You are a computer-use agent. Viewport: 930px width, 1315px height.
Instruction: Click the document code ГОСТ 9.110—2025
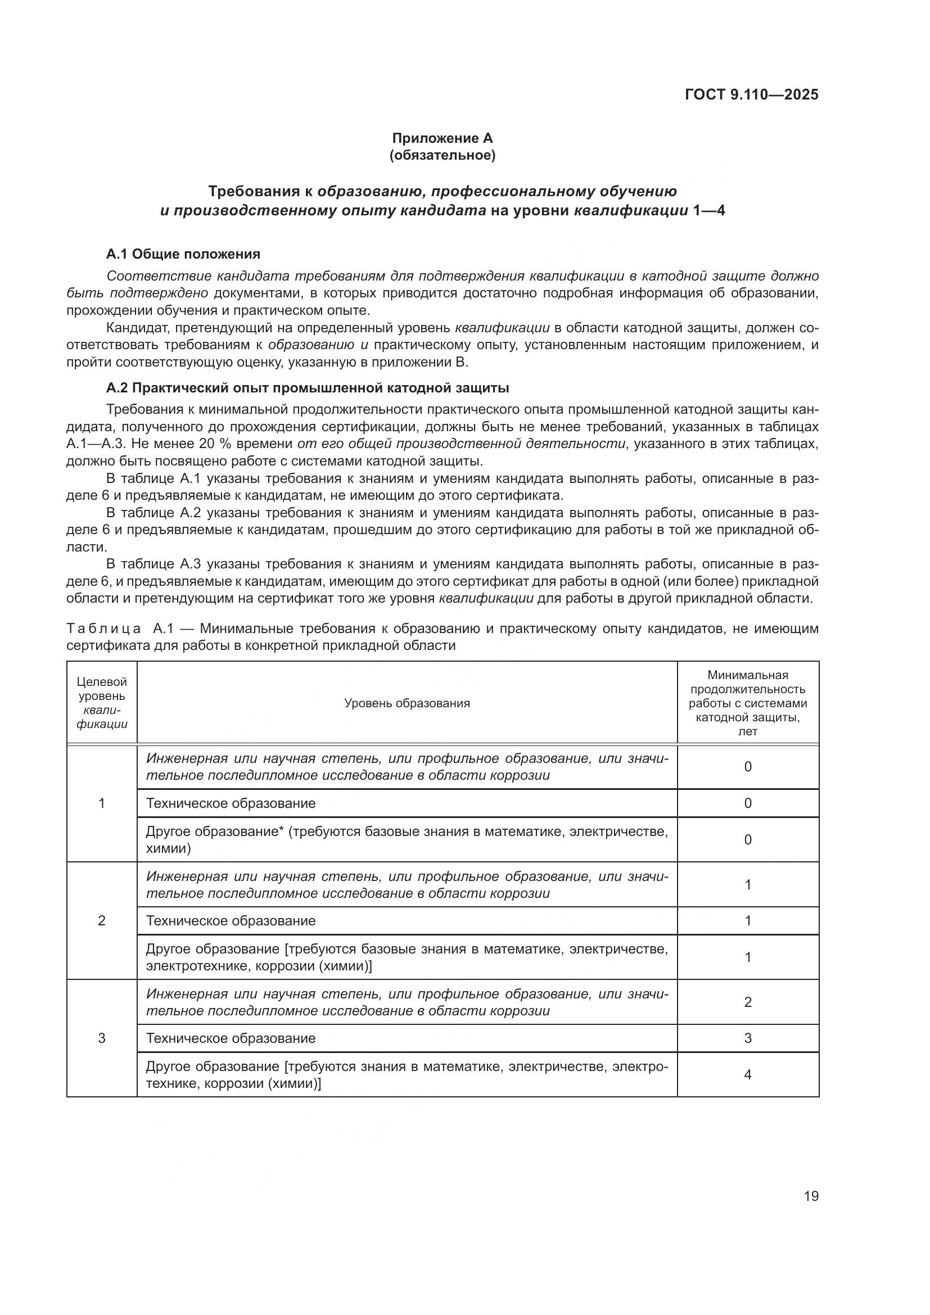point(751,94)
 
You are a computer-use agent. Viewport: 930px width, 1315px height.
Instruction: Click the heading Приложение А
point(442,138)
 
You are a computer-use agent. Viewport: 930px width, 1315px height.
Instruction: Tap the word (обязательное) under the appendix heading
point(442,155)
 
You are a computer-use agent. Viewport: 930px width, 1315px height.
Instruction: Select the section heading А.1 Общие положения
point(183,254)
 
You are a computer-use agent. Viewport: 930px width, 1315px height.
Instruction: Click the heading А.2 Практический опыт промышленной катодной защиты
point(308,388)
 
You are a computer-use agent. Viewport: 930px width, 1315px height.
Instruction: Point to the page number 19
point(811,1196)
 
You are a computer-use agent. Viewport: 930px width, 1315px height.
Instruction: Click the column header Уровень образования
point(407,703)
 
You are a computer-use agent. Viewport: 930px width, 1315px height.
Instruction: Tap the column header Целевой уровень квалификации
point(102,703)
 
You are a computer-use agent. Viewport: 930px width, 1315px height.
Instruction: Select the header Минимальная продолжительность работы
point(747,703)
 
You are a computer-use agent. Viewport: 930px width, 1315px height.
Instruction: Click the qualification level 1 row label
point(102,803)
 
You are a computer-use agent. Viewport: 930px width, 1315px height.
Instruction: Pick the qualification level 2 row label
point(102,920)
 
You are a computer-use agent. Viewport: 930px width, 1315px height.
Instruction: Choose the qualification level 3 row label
point(102,1038)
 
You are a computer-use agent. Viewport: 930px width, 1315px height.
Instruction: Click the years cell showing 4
point(747,1074)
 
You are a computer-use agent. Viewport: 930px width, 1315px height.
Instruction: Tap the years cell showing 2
point(747,1002)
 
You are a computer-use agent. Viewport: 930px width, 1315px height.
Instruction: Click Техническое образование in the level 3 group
point(231,1038)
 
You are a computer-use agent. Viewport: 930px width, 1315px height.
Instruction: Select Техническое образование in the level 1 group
point(231,803)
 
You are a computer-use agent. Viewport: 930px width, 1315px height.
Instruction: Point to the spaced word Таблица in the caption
point(103,629)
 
